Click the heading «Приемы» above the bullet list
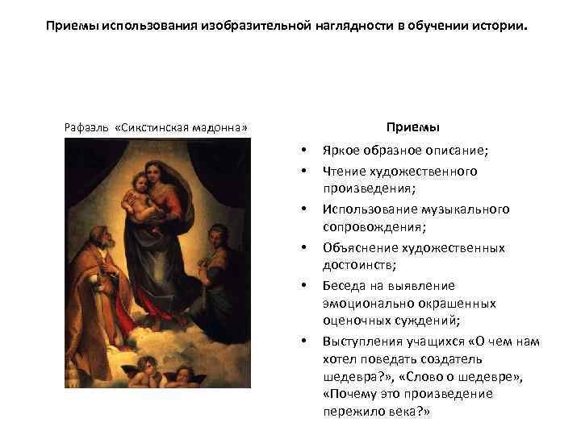click(412, 127)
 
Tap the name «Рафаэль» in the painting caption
click(84, 128)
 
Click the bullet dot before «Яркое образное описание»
click(302, 151)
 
